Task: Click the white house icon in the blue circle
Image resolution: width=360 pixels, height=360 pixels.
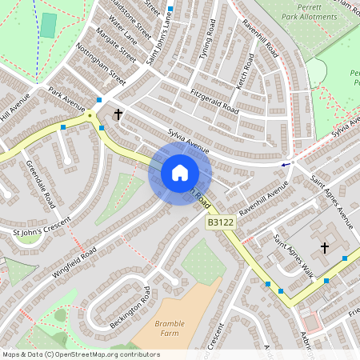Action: coord(180,172)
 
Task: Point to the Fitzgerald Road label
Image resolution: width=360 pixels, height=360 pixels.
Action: coord(214,100)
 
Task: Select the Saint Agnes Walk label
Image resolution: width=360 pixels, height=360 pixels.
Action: coord(292,250)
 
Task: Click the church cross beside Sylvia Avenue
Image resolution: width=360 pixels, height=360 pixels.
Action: coord(118,114)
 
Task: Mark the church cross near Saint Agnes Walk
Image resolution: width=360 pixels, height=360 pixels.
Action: coord(325,248)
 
